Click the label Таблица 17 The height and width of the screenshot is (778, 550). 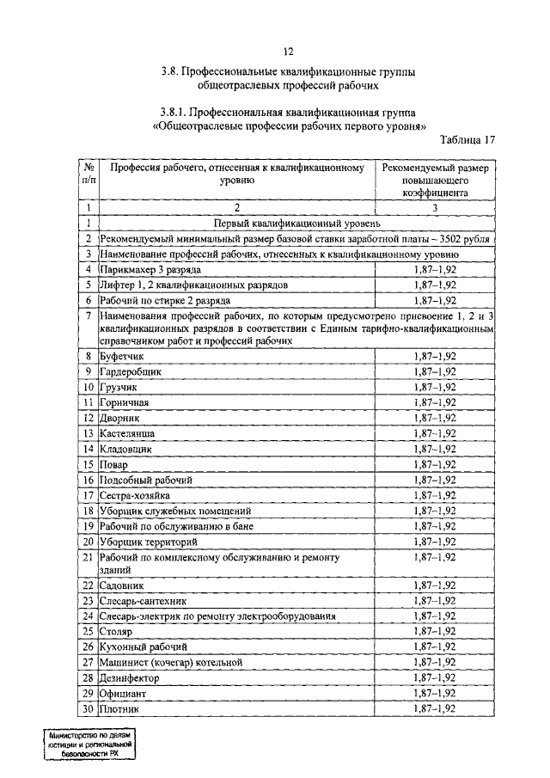pyautogui.click(x=467, y=140)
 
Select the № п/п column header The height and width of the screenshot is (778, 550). pyautogui.click(x=89, y=174)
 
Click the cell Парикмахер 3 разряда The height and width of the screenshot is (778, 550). pyautogui.click(x=139, y=270)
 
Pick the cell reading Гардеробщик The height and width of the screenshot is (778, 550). pyautogui.click(x=131, y=371)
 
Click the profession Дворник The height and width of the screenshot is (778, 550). pyautogui.click(x=119, y=418)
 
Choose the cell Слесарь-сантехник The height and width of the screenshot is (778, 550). pyautogui.click(x=143, y=601)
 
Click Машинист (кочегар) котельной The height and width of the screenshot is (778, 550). pyautogui.click(x=171, y=663)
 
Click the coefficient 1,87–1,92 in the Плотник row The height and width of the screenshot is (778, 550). pyautogui.click(x=434, y=709)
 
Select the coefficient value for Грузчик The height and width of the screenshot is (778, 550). pyautogui.click(x=434, y=387)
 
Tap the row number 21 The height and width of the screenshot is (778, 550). pyautogui.click(x=88, y=557)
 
